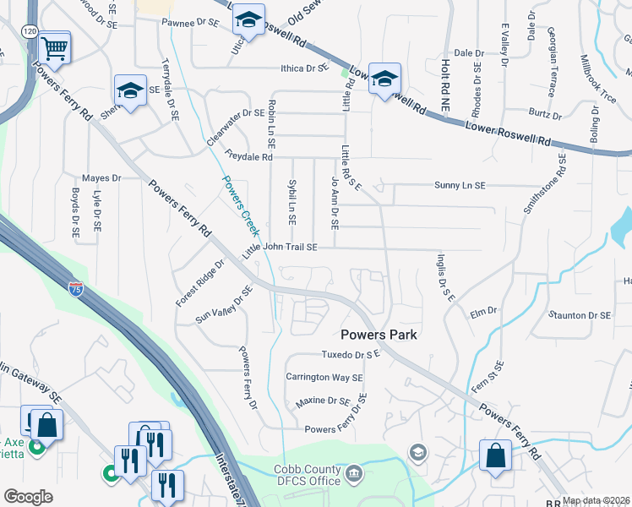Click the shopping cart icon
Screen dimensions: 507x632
pyautogui.click(x=54, y=47)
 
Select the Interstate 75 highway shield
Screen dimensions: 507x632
pyautogui.click(x=76, y=290)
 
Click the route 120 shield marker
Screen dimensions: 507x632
pyautogui.click(x=30, y=30)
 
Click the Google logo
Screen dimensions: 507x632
pyautogui.click(x=28, y=497)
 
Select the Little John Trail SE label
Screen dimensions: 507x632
pyautogui.click(x=280, y=247)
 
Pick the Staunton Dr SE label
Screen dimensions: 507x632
pyautogui.click(x=579, y=315)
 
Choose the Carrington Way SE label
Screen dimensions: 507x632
pyautogui.click(x=324, y=377)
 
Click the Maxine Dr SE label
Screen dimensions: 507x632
pyautogui.click(x=323, y=401)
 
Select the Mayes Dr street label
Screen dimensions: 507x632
pyautogui.click(x=101, y=178)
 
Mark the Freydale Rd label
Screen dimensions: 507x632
pyautogui.click(x=249, y=156)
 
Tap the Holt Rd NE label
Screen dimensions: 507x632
pyautogui.click(x=443, y=70)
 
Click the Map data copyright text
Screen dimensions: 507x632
pyautogui.click(x=597, y=500)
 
